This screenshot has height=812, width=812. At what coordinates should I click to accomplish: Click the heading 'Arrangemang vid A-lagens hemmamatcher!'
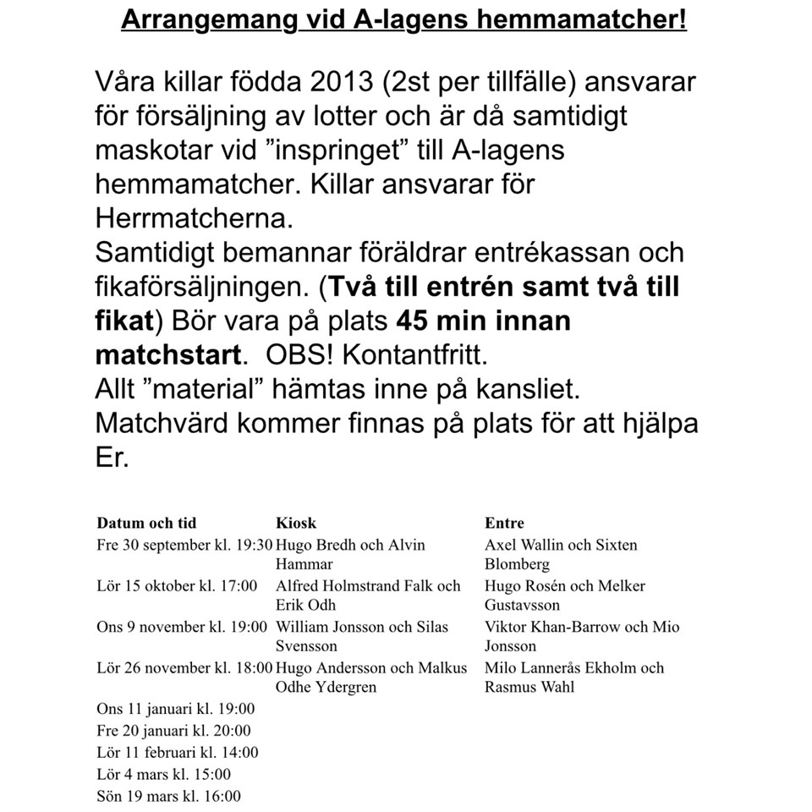[x=404, y=20]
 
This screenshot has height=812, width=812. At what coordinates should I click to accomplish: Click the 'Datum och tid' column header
[x=146, y=523]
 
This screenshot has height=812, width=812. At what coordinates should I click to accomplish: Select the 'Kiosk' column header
[x=296, y=523]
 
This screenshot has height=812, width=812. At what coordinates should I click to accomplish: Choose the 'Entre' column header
[x=504, y=523]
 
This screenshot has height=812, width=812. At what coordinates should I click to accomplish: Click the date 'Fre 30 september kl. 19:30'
[x=185, y=546]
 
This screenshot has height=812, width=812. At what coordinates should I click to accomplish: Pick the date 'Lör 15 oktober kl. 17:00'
[x=177, y=586]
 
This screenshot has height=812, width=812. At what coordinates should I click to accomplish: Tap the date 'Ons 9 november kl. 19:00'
[x=182, y=627]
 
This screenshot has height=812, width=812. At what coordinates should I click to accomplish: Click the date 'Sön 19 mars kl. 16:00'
[x=168, y=796]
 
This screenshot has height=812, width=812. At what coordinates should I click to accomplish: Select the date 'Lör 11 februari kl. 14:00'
[x=178, y=752]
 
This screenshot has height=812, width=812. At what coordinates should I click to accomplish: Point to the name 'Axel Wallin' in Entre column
[x=519, y=546]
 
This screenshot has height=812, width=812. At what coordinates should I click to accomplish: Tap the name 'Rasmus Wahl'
[x=529, y=687]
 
